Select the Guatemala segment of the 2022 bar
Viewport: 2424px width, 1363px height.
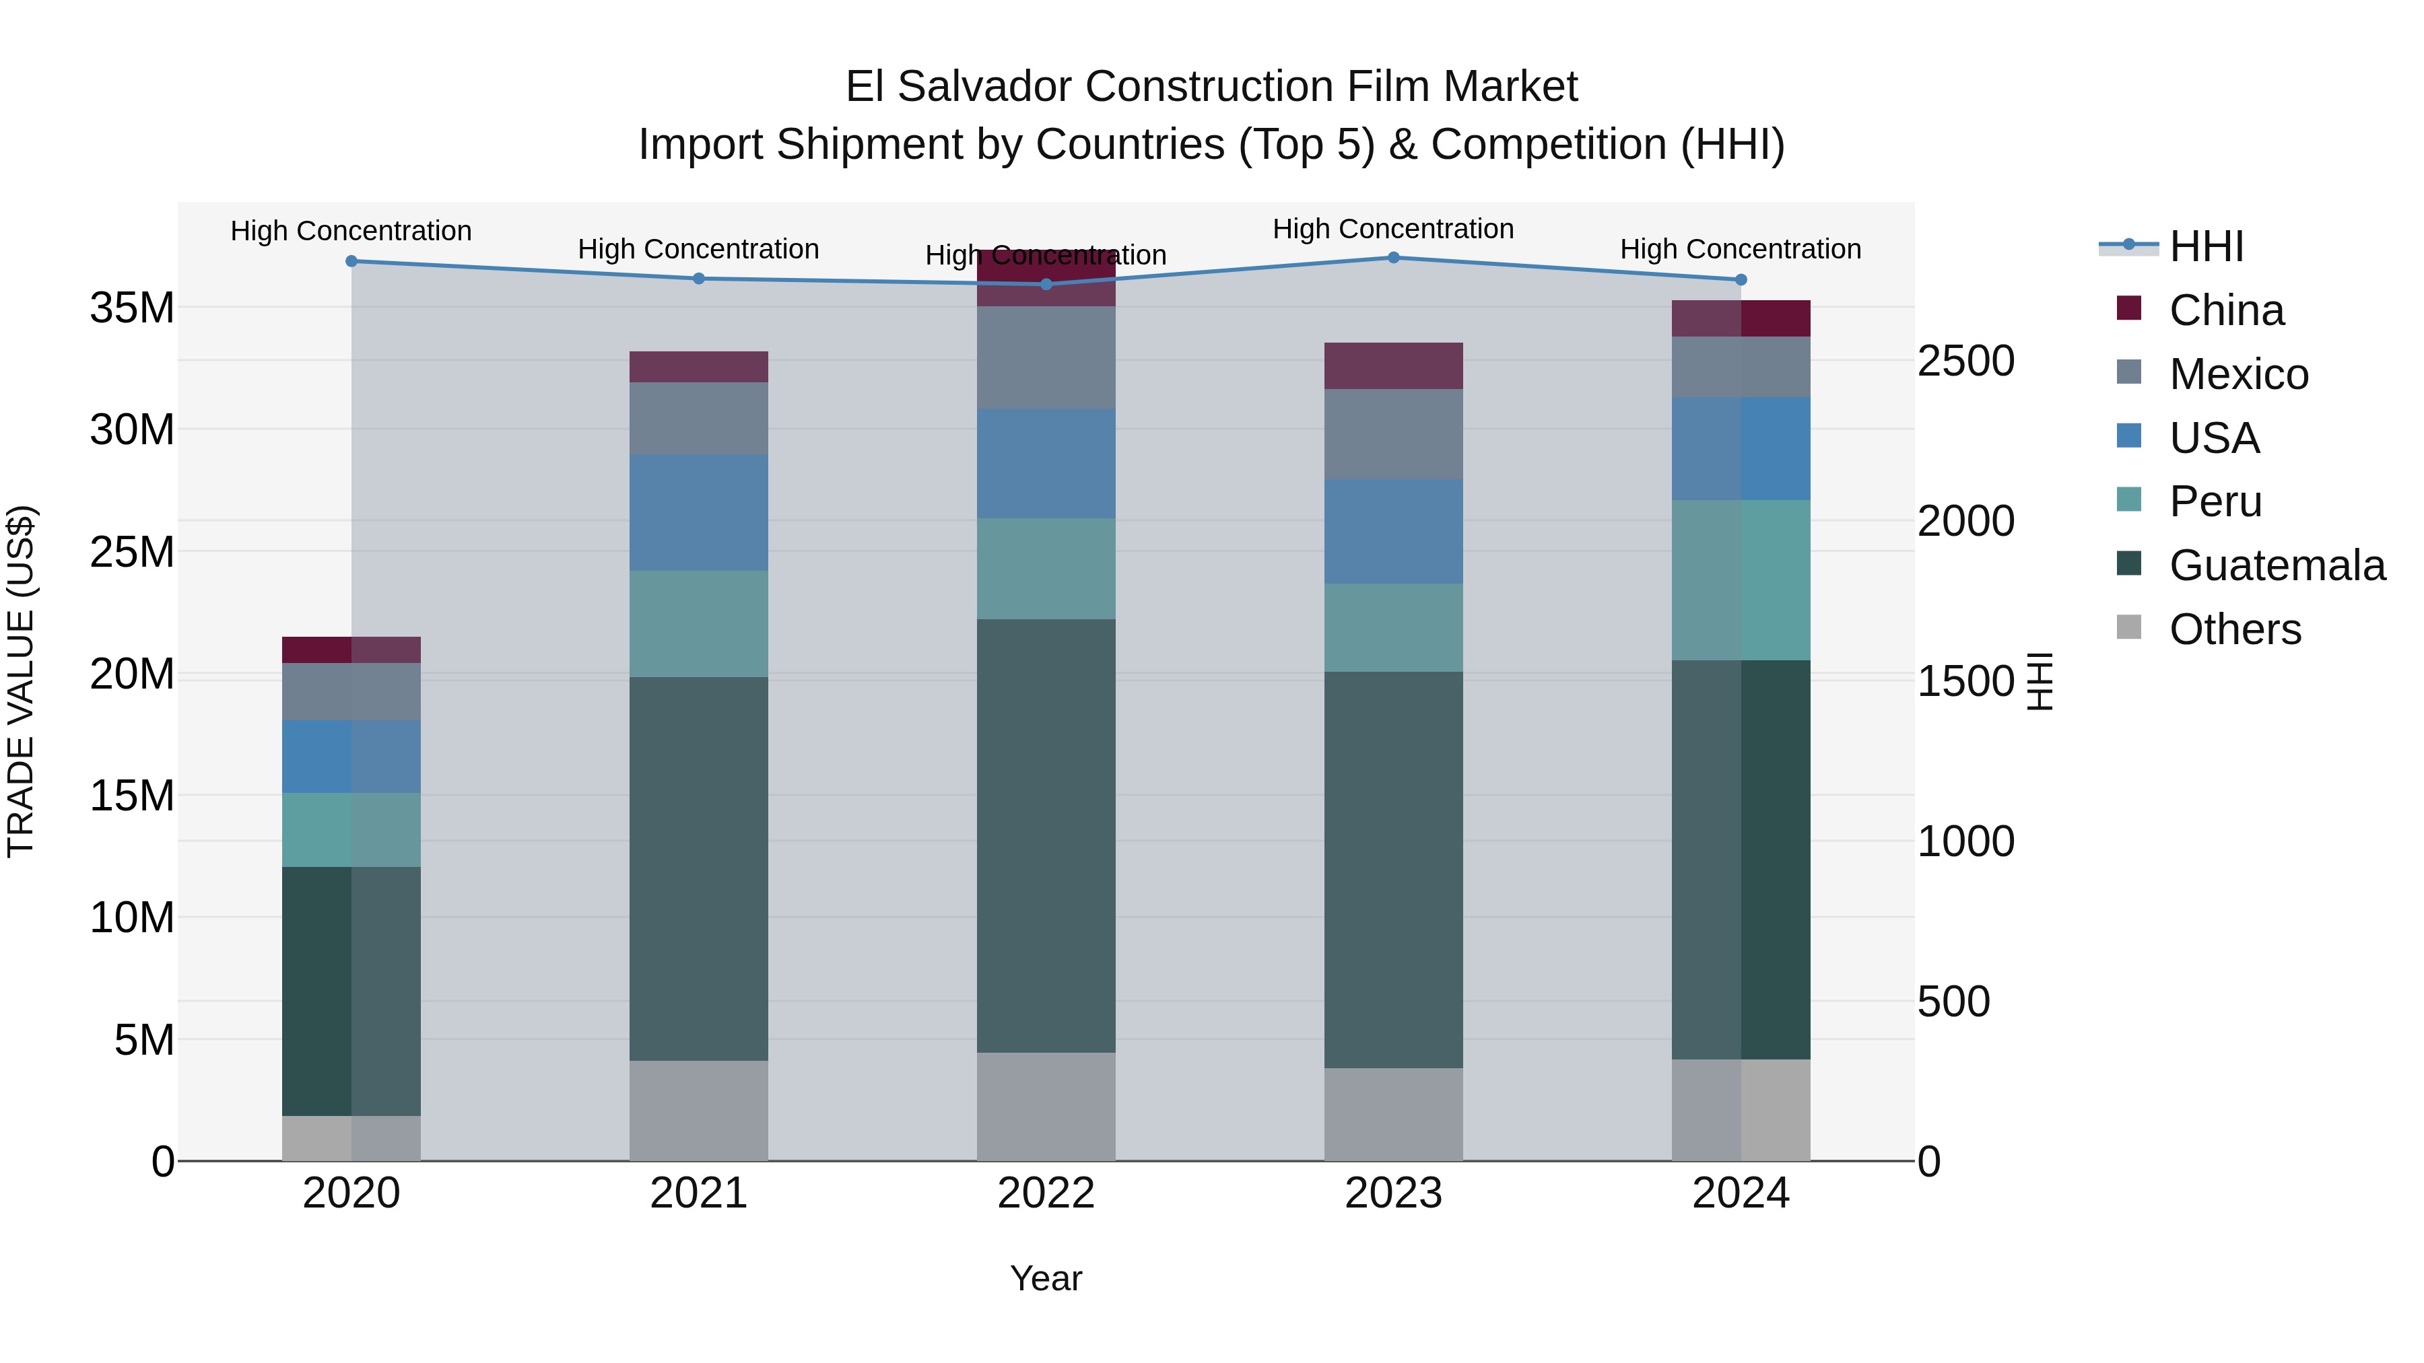tap(1046, 835)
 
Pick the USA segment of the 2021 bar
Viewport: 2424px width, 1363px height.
tap(698, 513)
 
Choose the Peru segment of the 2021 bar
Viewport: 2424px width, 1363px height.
tap(698, 624)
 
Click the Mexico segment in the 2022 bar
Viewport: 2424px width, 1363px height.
tap(1046, 357)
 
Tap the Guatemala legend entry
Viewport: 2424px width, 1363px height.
tap(2277, 565)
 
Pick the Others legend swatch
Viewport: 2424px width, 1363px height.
tap(2128, 627)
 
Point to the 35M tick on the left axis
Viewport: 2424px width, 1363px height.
tap(132, 308)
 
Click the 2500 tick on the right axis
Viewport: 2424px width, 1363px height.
tap(1965, 361)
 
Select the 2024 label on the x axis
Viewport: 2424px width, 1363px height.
tap(1740, 1193)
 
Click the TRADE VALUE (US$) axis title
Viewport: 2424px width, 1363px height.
tap(21, 681)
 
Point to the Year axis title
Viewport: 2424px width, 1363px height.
tap(1046, 1278)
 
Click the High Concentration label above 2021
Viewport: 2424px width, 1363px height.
tap(698, 249)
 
